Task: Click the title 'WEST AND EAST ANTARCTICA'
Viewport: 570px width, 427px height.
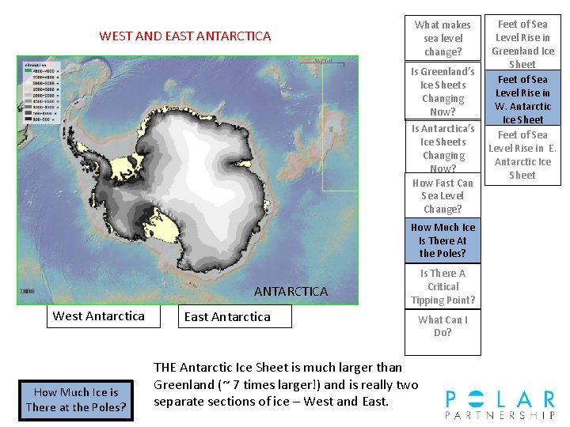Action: point(184,36)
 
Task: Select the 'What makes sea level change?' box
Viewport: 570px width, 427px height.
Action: point(443,38)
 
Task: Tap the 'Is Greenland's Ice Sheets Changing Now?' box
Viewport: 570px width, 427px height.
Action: point(443,91)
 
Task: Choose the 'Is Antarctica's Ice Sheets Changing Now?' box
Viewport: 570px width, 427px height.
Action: point(443,148)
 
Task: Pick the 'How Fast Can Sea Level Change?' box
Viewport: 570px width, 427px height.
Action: point(443,195)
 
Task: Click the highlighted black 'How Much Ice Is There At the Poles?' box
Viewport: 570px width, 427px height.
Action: point(443,240)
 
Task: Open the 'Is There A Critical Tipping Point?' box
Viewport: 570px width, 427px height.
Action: point(443,286)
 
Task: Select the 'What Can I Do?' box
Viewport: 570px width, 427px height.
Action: point(443,326)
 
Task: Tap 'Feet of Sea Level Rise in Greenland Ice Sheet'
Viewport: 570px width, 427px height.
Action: point(522,43)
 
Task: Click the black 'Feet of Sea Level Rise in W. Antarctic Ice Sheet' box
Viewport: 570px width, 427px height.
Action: point(522,99)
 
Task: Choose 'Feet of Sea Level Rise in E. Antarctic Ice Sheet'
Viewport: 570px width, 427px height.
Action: point(522,155)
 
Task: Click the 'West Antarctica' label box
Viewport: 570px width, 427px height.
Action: point(98,316)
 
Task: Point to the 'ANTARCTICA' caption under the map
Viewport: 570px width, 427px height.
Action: point(291,292)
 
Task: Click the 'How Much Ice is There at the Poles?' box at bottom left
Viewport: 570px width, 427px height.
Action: point(75,399)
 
